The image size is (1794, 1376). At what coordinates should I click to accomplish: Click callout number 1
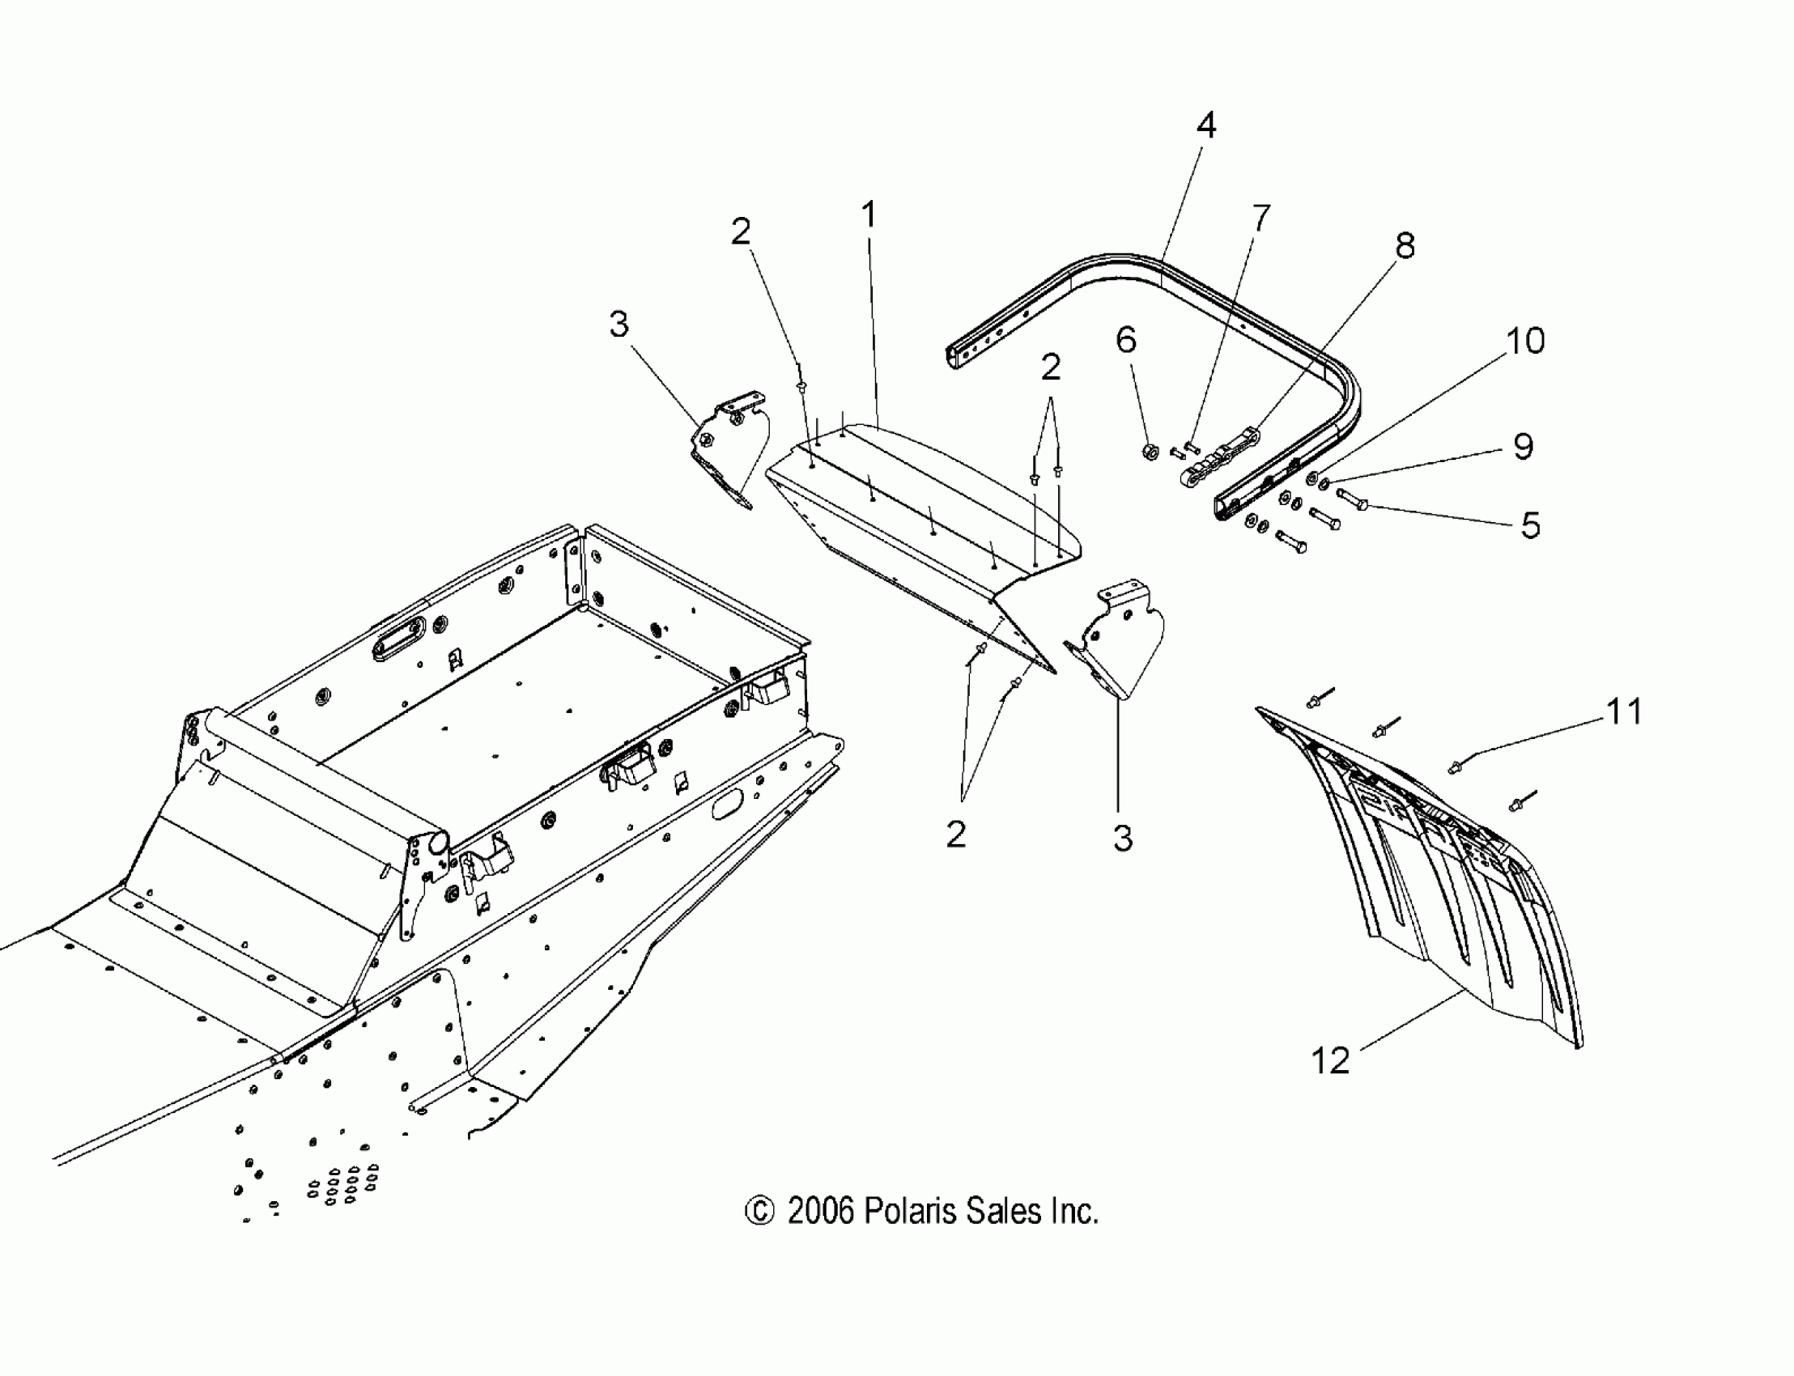coord(869,215)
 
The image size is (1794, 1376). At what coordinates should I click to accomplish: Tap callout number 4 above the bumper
coord(1205,125)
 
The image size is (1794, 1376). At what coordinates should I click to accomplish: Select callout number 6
coord(1126,339)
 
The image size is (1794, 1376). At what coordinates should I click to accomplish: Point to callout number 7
coord(1260,218)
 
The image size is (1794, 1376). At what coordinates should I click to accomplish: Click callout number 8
coord(1405,245)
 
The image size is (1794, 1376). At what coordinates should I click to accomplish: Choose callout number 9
coord(1523,446)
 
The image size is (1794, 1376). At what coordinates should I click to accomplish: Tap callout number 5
coord(1530,525)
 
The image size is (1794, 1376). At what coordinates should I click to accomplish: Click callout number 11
coord(1624,711)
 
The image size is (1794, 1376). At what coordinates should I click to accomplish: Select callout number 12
coord(1330,1060)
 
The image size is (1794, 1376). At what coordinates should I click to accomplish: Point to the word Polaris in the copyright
coord(911,1211)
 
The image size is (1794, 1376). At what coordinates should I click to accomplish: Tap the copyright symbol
coord(759,1212)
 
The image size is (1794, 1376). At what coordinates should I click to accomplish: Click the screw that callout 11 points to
coord(1456,767)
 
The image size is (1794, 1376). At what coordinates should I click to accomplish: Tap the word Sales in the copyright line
coord(1003,1211)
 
